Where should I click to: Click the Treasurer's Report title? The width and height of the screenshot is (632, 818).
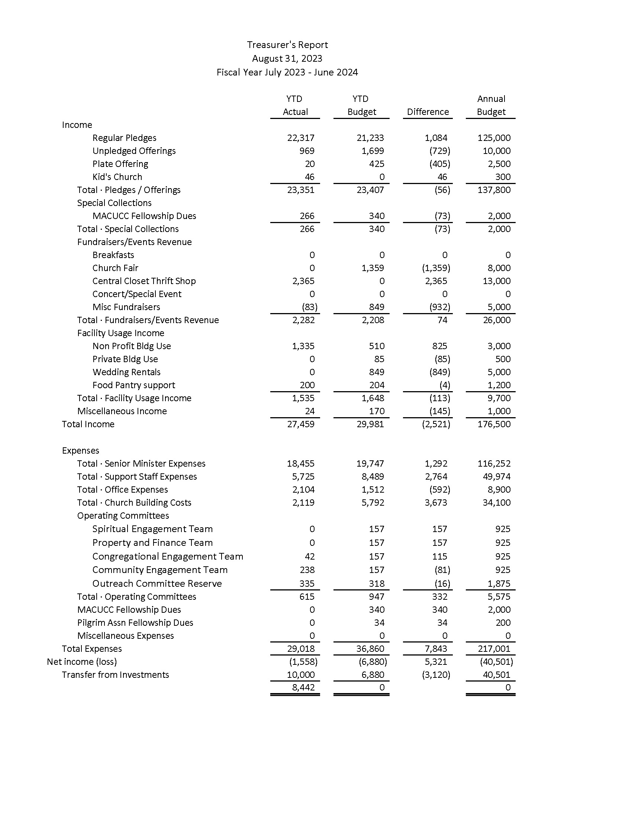tap(287, 45)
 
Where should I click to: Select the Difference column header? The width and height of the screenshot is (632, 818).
tap(428, 112)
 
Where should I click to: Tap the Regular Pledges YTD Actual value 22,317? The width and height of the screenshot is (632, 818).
tap(301, 138)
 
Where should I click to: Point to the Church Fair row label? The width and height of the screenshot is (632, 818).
tap(115, 268)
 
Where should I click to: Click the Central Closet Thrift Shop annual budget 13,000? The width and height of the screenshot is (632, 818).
tap(496, 281)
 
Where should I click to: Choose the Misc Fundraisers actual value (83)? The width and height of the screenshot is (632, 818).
tap(310, 307)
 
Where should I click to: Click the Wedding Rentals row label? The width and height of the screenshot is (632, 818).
tap(126, 372)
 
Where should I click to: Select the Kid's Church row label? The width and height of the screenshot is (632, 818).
tap(117, 177)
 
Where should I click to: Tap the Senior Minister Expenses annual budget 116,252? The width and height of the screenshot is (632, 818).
tap(494, 464)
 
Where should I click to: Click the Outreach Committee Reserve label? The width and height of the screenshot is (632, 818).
tap(157, 583)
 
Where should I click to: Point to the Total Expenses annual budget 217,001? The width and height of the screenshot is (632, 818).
tap(494, 649)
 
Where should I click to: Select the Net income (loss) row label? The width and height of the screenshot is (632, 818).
tap(82, 662)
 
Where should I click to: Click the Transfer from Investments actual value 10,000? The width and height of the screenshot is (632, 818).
tap(301, 675)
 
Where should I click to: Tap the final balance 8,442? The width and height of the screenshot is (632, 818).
tap(303, 687)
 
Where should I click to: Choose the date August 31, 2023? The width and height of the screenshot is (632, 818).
tap(287, 59)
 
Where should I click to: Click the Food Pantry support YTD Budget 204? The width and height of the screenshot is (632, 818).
tap(377, 386)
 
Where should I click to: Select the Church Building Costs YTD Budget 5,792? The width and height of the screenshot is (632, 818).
tap(373, 503)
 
